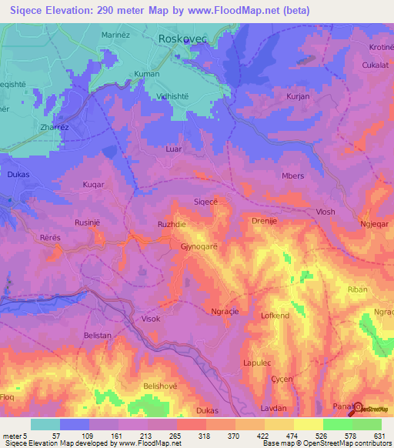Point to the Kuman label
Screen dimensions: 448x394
click(x=147, y=74)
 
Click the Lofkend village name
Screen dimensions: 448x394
click(x=275, y=316)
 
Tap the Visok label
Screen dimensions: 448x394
click(x=151, y=317)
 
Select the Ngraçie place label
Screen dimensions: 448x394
click(x=227, y=312)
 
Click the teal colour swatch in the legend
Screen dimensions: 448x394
click(x=45, y=424)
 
